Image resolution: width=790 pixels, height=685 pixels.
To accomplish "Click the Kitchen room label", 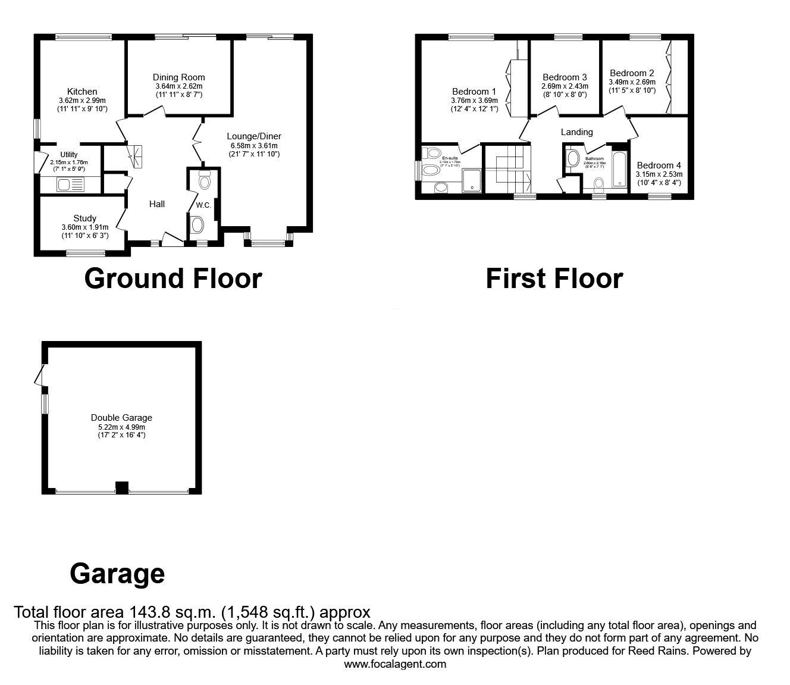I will point(82,92).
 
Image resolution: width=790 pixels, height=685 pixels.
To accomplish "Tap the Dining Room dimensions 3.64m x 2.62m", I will point(178,86).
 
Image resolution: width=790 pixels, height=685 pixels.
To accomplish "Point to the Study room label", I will point(84,218).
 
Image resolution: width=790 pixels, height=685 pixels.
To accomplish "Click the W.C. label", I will point(203,205).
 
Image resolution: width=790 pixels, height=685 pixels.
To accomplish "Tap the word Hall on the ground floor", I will point(156,204).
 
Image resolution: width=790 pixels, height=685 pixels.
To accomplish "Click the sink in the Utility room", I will point(71,185).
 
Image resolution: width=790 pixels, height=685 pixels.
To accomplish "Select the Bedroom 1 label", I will point(474,92).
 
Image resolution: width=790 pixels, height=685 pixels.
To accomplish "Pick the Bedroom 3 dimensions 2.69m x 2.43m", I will point(565,86).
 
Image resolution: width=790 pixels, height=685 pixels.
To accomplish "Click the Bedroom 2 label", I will point(632,73).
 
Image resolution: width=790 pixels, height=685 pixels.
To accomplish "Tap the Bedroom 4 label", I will point(659,165).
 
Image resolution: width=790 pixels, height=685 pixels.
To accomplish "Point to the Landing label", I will point(576,132).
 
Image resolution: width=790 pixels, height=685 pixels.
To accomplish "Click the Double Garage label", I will point(121,418).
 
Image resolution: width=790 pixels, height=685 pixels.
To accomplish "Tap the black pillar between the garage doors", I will point(121,487).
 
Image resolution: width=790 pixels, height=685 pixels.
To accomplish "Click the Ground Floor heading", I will point(173,279).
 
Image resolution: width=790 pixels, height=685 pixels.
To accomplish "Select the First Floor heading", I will point(554,279).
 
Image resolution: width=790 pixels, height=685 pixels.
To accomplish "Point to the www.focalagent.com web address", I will point(395,664).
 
